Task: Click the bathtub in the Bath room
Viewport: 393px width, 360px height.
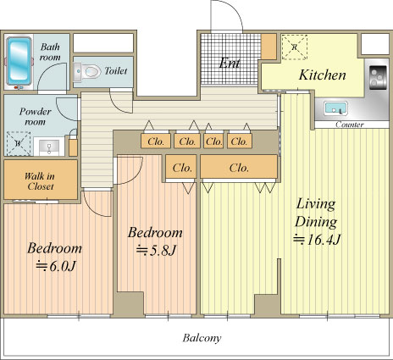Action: coord(19,61)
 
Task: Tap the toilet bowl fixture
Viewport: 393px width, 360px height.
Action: coord(87,71)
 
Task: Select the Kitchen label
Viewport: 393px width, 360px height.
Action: coord(322,75)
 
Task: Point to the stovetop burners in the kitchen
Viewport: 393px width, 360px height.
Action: coord(379,77)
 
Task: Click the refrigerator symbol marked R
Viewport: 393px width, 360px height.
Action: coord(295,47)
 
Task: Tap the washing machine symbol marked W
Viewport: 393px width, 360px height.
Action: coord(19,143)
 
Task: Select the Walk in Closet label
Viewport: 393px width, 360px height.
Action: coord(40,181)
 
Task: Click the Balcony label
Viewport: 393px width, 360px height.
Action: coord(202,338)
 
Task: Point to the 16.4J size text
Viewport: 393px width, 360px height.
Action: coord(317,240)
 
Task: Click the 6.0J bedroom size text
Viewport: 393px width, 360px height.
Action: coord(56,266)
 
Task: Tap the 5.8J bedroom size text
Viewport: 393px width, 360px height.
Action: coord(156,250)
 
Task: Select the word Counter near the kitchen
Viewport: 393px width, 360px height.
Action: coord(350,125)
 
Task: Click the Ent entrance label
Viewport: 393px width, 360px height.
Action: coord(230,64)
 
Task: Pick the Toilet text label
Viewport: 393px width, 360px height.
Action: coord(116,71)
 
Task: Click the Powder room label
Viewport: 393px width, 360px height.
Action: coord(35,117)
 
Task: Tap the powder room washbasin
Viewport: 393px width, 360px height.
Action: coord(49,147)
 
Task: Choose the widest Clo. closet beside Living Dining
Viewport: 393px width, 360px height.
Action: coord(239,167)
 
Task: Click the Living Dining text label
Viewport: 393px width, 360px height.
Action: coord(316,213)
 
